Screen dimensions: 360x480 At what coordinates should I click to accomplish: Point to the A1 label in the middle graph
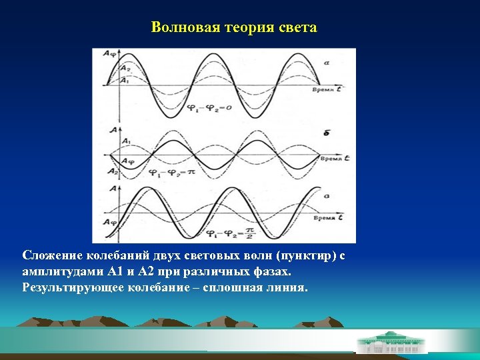pos(126,141)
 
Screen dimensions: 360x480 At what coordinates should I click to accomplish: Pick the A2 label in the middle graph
pos(111,172)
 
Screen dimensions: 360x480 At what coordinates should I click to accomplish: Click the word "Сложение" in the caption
pos(50,257)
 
